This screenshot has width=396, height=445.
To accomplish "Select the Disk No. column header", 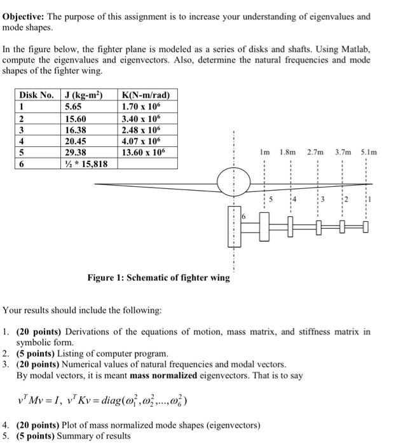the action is pos(38,95).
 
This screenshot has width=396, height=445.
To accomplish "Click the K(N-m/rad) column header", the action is pos(146,95).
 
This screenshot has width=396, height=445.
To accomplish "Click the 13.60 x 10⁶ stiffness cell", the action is pos(146,153).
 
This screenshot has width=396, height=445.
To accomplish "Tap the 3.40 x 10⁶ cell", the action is pos(143,118).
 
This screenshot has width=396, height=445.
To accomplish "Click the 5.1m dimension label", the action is pos(369,153).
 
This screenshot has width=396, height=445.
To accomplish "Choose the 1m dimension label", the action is pos(265,153).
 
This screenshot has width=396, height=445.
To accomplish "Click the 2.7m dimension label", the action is pos(315,153).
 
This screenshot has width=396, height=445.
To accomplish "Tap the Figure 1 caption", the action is pos(158,278).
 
